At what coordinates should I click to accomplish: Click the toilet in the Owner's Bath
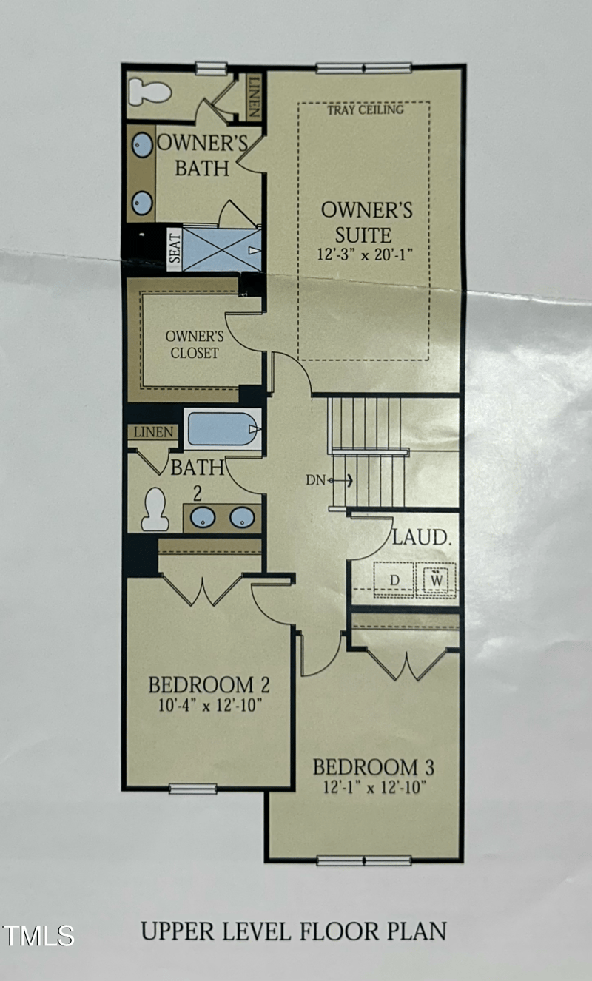tap(149, 92)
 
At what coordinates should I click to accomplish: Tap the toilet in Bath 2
tap(155, 509)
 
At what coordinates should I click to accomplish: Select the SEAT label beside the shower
tap(175, 249)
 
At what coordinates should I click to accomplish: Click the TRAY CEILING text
tap(366, 109)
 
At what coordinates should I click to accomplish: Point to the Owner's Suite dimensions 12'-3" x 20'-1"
tap(366, 254)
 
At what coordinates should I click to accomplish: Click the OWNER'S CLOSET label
tap(195, 345)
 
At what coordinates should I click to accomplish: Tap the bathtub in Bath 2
tap(223, 429)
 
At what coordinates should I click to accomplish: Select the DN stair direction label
tap(315, 480)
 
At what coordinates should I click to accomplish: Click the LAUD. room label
tap(422, 538)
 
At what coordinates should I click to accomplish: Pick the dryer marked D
tap(394, 580)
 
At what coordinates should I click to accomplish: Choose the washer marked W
tap(436, 580)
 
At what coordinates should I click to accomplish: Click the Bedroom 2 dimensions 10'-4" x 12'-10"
tap(210, 706)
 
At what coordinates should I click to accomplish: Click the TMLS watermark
tap(38, 936)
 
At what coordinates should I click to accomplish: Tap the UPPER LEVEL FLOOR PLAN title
tap(294, 931)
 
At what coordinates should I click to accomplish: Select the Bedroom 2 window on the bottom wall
tap(193, 789)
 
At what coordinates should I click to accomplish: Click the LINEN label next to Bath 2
tap(153, 432)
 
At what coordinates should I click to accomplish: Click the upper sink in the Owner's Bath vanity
tap(142, 144)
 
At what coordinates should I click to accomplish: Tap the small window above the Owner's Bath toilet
tap(212, 68)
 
